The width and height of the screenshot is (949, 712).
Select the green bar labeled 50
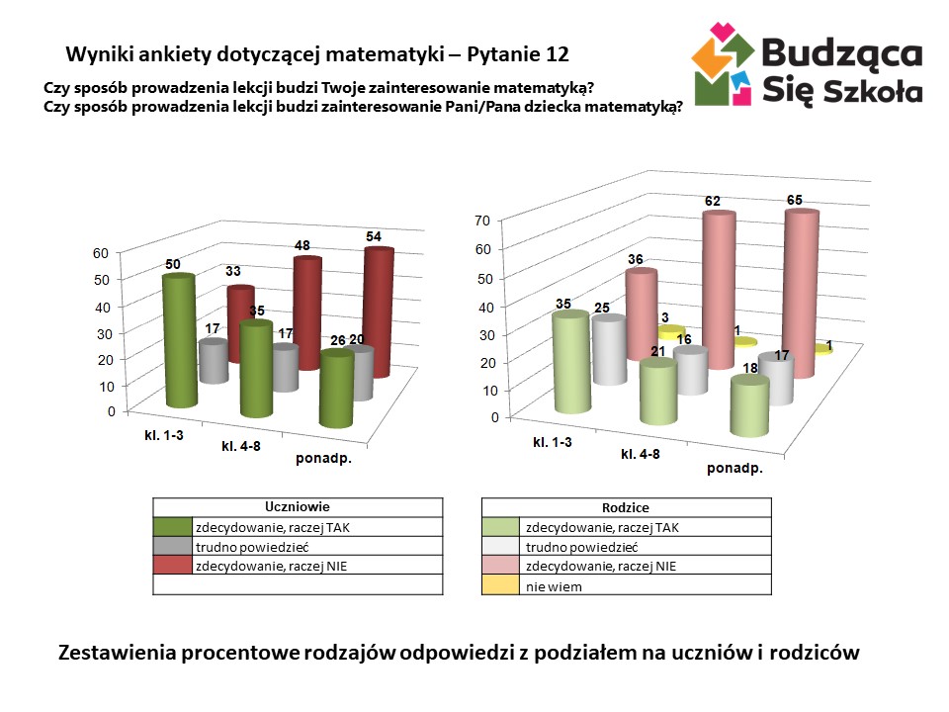179,341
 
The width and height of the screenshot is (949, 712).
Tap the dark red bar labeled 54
377,311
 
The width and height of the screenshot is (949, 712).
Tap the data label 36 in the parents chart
636,260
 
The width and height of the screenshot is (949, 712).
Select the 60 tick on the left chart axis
100,252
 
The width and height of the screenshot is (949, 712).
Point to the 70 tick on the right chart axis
484,221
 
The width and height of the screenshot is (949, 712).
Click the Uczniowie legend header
298,507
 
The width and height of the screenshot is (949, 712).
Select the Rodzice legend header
625,507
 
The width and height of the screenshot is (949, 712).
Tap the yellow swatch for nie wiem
500,586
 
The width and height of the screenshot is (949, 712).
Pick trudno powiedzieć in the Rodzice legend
581,547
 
